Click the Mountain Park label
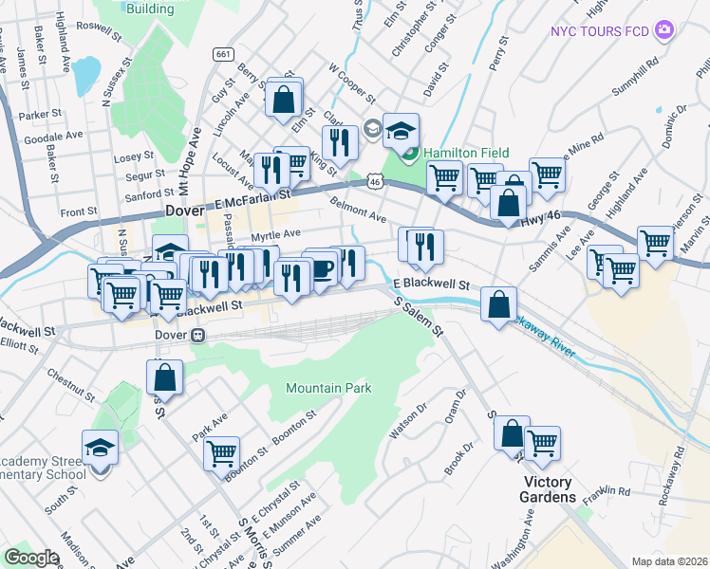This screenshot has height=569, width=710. (328, 388)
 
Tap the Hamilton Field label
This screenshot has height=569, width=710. (466, 153)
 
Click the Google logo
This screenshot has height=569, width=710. (31, 557)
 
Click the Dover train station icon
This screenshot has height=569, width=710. (197, 335)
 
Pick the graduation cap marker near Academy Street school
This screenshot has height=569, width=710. (100, 447)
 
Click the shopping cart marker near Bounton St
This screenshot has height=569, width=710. (221, 452)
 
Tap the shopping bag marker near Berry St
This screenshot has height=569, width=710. (284, 98)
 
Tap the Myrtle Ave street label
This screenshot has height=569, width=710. (275, 233)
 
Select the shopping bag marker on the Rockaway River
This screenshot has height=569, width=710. (498, 305)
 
